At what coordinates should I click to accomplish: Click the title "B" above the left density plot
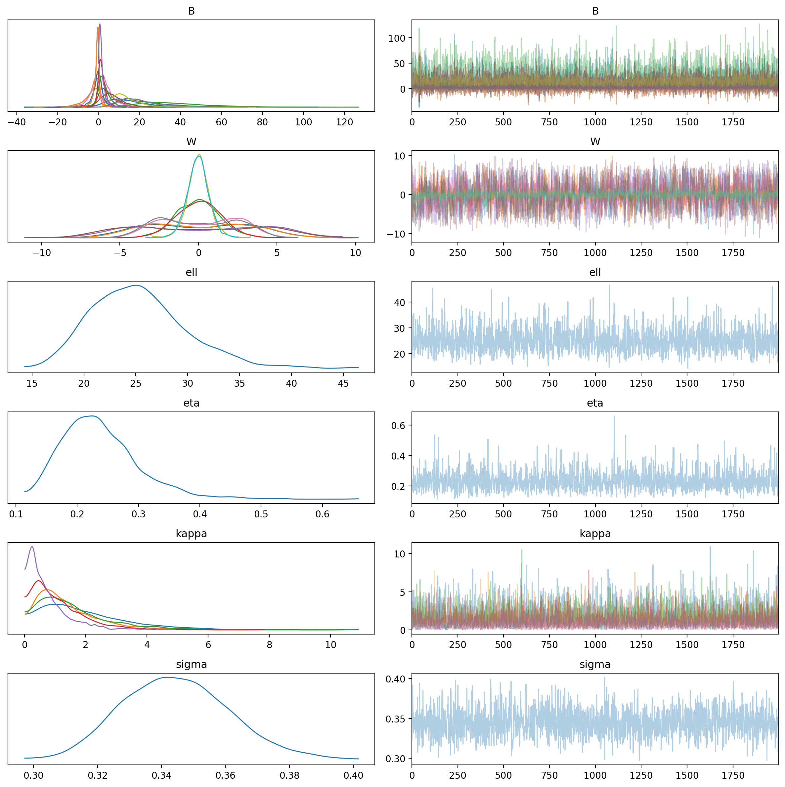coord(191,11)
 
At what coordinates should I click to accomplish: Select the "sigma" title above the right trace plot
coord(595,664)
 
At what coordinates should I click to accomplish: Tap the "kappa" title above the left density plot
coord(191,534)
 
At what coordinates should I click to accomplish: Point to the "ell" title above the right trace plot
coord(595,272)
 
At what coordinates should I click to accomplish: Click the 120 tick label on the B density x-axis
coord(344,122)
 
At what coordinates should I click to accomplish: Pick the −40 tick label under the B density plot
coord(16,122)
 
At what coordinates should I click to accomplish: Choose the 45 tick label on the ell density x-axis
coord(343,383)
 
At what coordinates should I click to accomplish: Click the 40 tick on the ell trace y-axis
coord(400,302)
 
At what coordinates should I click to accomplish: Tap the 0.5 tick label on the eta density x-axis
coord(261,514)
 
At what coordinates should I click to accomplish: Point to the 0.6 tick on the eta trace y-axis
coord(398,425)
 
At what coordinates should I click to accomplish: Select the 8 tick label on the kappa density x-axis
coord(269,645)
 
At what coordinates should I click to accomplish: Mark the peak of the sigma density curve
coord(167,677)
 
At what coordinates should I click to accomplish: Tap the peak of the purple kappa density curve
coord(32,547)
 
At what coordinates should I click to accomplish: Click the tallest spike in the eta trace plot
coord(614,416)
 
